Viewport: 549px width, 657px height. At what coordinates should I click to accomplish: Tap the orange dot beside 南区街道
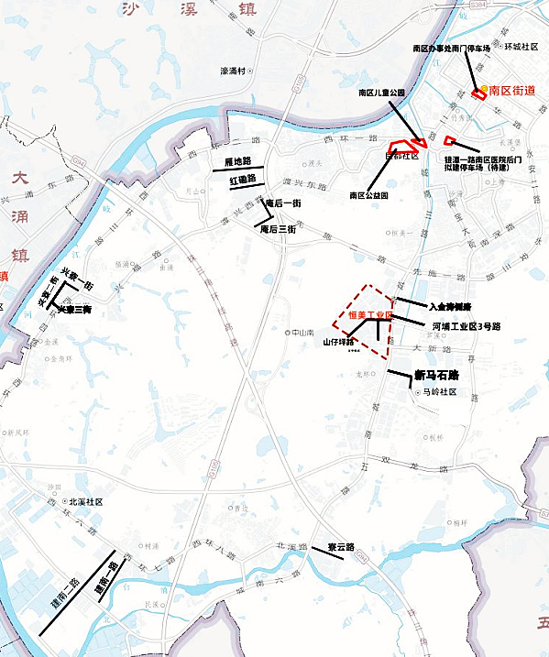pyautogui.click(x=484, y=90)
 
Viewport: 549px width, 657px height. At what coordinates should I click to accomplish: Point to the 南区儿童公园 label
pyautogui.click(x=381, y=93)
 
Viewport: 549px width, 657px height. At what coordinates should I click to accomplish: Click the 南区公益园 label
pyautogui.click(x=369, y=195)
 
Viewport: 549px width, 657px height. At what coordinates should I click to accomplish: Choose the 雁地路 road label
pyautogui.click(x=237, y=161)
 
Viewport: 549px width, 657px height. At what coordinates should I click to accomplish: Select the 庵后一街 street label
pyautogui.click(x=282, y=203)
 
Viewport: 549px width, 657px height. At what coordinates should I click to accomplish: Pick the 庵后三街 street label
pyautogui.click(x=278, y=229)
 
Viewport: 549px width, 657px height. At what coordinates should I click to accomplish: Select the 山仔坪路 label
pyautogui.click(x=339, y=342)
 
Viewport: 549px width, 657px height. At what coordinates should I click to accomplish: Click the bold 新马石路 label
pyautogui.click(x=436, y=375)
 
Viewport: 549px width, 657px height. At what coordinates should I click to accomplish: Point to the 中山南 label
pyautogui.click(x=302, y=333)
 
